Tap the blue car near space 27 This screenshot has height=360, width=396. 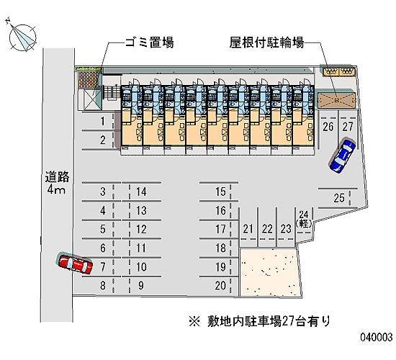(x=343, y=156)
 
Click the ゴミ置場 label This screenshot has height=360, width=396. (x=150, y=42)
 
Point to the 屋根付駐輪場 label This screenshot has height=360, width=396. (x=266, y=42)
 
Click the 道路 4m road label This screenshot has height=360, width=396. (x=57, y=183)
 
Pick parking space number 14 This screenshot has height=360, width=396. (x=141, y=192)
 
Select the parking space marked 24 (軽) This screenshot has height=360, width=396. (x=304, y=219)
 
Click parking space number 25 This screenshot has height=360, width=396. (x=339, y=198)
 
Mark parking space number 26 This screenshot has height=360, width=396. (x=328, y=127)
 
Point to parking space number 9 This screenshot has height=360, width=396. (x=141, y=285)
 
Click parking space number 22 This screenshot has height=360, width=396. (x=267, y=229)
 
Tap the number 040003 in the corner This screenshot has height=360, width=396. (x=377, y=337)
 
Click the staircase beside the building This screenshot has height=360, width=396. (x=112, y=92)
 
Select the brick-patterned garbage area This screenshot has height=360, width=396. (x=88, y=80)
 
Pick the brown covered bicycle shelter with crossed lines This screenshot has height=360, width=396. (x=336, y=100)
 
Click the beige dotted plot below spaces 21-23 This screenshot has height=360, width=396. (x=270, y=272)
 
